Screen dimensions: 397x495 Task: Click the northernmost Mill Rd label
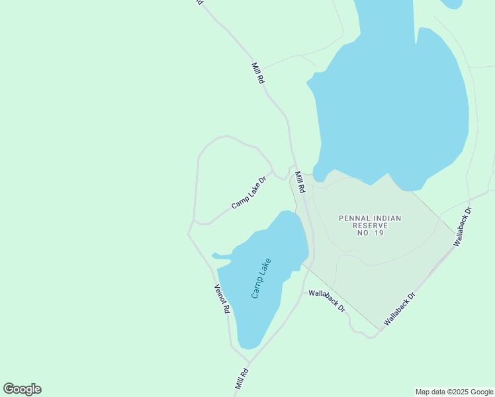click(x=258, y=73)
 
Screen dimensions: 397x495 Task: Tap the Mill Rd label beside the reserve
click(x=300, y=182)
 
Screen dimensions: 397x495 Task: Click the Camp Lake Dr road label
click(x=249, y=193)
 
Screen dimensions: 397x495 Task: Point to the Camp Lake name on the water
click(x=261, y=279)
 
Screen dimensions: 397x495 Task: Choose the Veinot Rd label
click(x=222, y=298)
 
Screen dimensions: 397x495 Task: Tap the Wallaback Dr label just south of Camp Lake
click(x=327, y=300)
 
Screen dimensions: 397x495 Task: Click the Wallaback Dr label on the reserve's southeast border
click(x=399, y=308)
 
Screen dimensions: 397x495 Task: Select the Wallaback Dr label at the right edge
click(x=463, y=227)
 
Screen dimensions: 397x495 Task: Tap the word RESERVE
click(x=370, y=226)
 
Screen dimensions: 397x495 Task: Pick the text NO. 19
click(x=370, y=233)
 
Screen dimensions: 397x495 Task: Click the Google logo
click(x=22, y=389)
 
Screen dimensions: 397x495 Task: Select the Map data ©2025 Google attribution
click(x=454, y=392)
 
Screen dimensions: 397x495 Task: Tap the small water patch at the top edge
click(x=452, y=3)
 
